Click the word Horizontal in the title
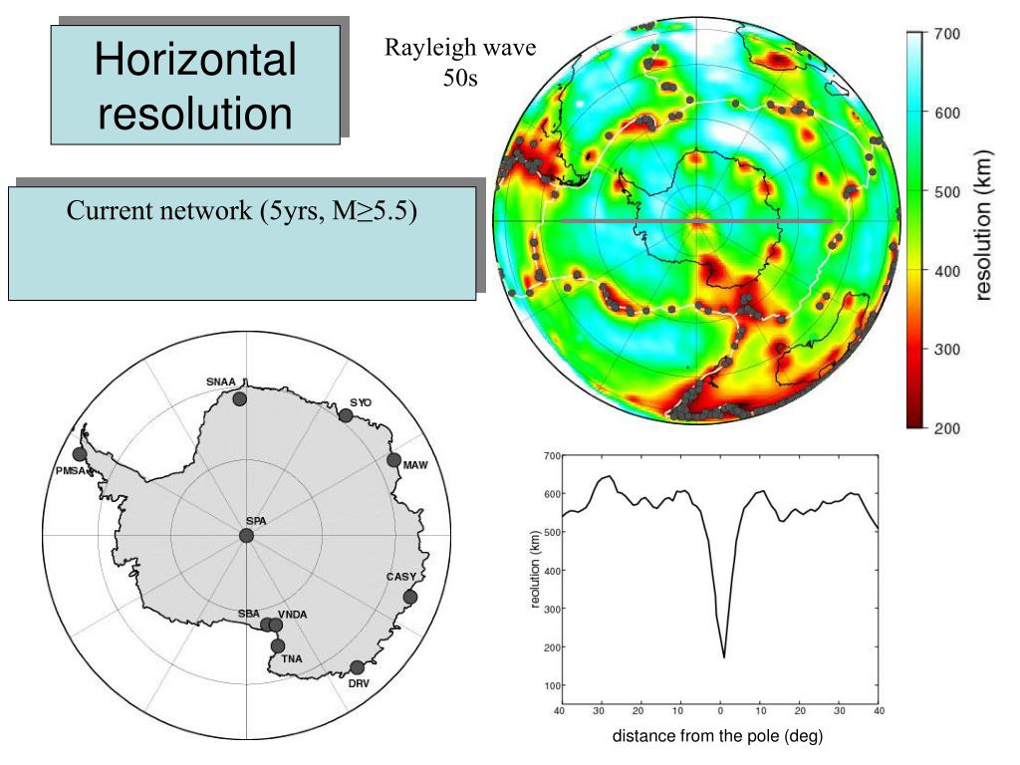coord(195,59)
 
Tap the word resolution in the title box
coord(195,113)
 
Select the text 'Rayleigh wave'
coord(460,48)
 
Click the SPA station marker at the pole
coord(247,535)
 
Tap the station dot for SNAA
coord(240,398)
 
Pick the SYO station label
coord(361,402)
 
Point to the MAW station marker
coord(393,460)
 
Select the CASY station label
coord(400,577)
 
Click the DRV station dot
coord(358,667)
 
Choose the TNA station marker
coord(278,645)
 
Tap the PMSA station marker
coord(80,454)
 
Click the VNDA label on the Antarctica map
coord(292,614)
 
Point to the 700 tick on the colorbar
coord(947,34)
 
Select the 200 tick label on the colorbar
coord(947,428)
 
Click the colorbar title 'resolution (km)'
coord(983,225)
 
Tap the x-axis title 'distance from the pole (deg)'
coord(717,736)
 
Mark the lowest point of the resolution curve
coord(724,657)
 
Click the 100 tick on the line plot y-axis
coord(553,685)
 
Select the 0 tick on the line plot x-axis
coord(720,711)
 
